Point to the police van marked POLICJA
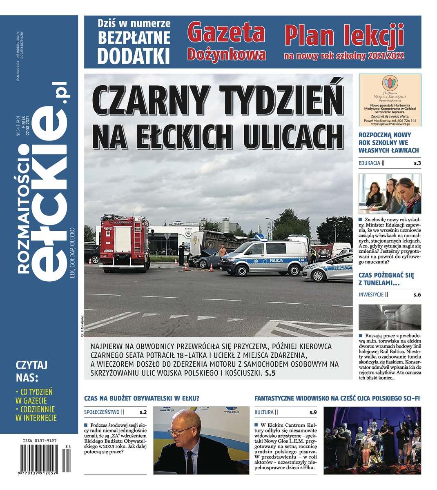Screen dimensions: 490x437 [x=264, y=258]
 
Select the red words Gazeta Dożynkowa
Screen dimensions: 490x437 [x=227, y=42]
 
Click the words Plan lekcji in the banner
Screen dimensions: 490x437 [x=344, y=36]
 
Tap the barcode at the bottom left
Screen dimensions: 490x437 [x=42, y=461]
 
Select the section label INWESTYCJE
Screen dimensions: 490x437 [x=371, y=294]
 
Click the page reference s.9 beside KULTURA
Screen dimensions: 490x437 [x=313, y=412]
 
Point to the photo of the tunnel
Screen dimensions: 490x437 [x=390, y=317]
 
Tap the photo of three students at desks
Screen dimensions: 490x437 [x=390, y=194]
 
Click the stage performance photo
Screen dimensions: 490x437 [x=372, y=440]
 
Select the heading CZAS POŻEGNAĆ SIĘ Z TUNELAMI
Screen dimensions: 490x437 [x=386, y=279]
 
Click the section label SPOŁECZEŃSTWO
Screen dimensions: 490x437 [x=101, y=412]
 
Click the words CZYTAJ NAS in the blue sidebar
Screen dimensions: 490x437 [x=32, y=370]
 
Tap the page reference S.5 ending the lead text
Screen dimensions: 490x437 [x=270, y=373]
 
